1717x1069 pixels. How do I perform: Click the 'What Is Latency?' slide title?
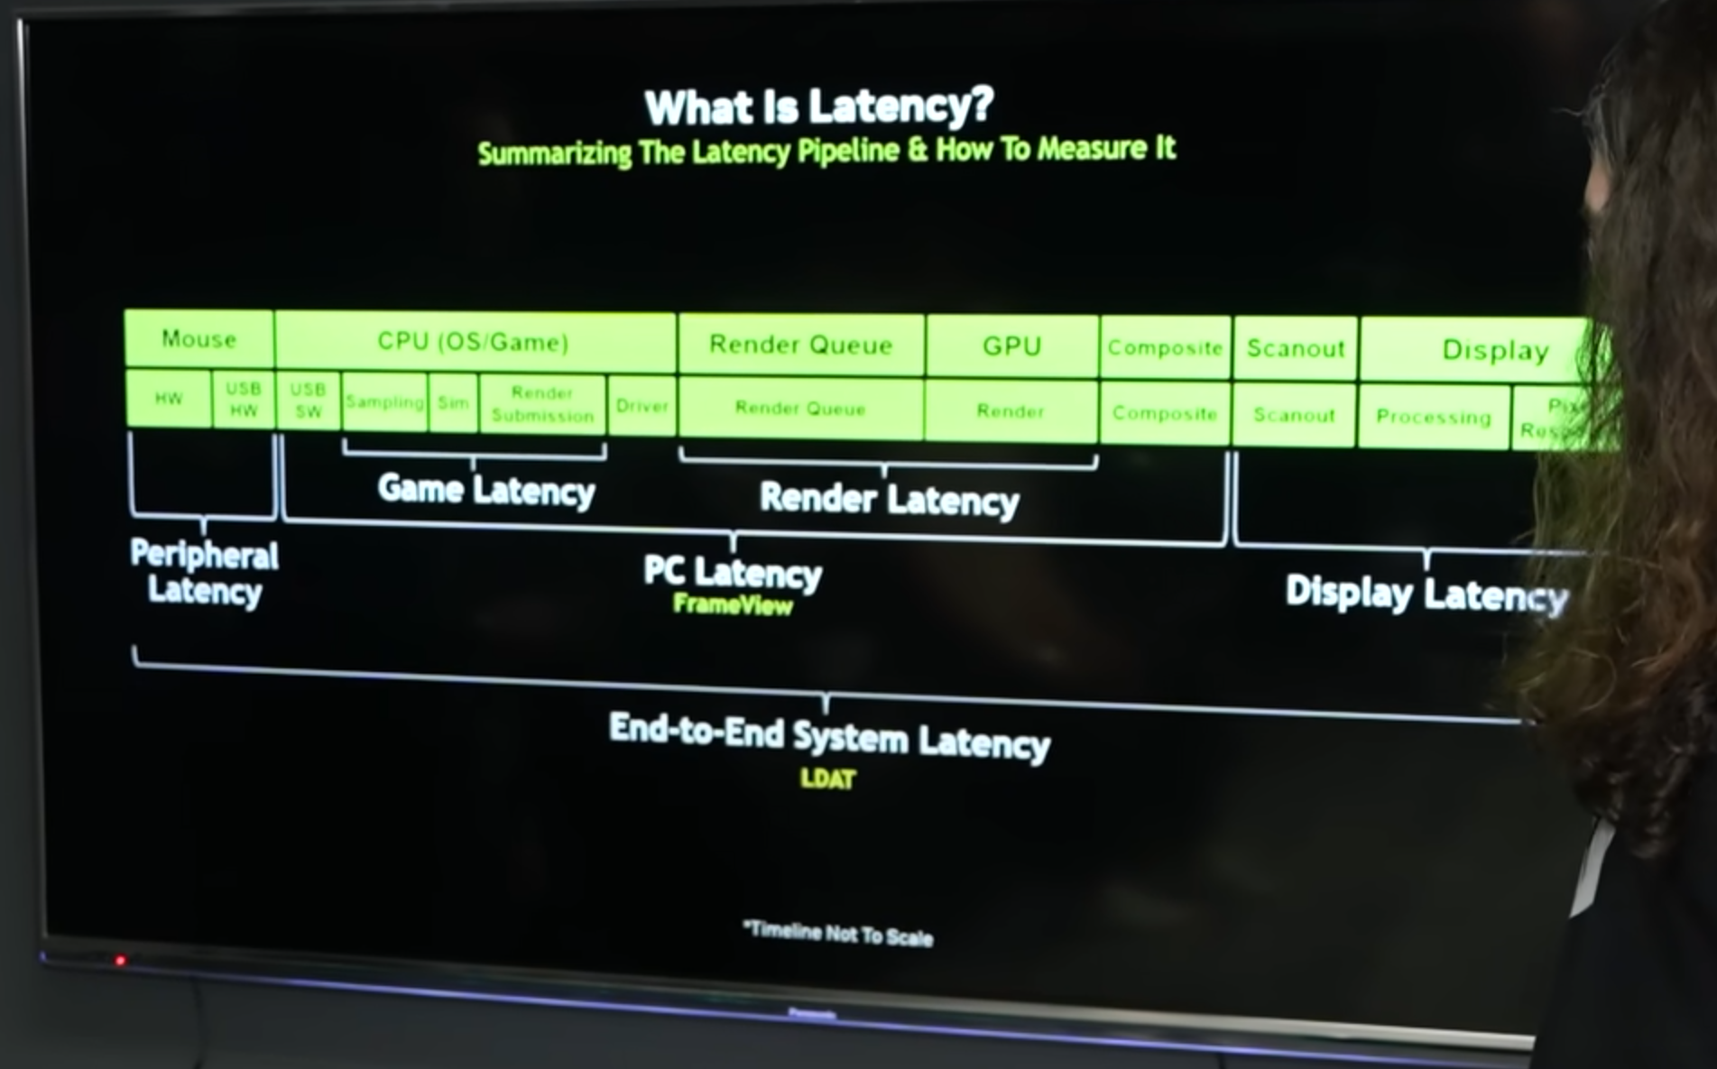click(x=818, y=106)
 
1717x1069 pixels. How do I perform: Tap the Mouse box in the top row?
click(x=198, y=339)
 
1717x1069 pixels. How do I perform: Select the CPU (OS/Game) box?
click(x=474, y=342)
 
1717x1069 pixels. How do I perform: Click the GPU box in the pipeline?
click(x=1011, y=346)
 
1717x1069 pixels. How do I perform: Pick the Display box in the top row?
click(x=1494, y=350)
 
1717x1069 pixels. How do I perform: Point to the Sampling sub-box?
click(x=384, y=402)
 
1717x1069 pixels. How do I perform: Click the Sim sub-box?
click(x=453, y=403)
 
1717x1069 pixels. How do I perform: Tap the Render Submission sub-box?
click(x=542, y=404)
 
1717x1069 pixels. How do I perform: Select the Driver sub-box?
click(x=642, y=406)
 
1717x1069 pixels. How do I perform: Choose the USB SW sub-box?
click(x=308, y=400)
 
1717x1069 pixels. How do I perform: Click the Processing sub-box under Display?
click(x=1433, y=417)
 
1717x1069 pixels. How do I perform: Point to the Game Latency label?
click(x=486, y=490)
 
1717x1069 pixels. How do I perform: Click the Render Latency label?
click(x=890, y=499)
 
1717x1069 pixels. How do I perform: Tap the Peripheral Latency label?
click(x=205, y=573)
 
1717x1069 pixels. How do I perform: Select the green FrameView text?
click(x=733, y=604)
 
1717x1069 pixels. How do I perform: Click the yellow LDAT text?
click(x=827, y=779)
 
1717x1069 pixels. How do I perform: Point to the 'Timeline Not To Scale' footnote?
click(x=838, y=934)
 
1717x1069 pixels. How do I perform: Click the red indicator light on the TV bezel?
click(x=120, y=961)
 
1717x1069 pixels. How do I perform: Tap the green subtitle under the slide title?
click(x=826, y=151)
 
